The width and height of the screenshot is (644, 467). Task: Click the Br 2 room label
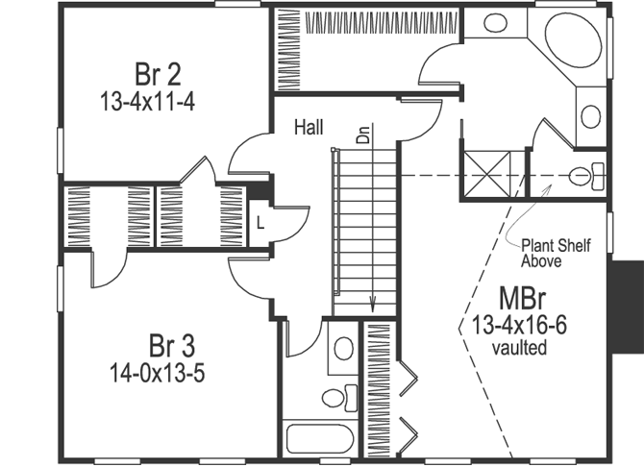[160, 73]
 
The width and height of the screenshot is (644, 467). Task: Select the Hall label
[309, 127]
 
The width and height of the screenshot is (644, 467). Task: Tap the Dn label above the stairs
[363, 134]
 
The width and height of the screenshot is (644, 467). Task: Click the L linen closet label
[260, 223]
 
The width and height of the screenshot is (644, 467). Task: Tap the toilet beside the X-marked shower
[585, 176]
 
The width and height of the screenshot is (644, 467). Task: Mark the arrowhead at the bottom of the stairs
[372, 307]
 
